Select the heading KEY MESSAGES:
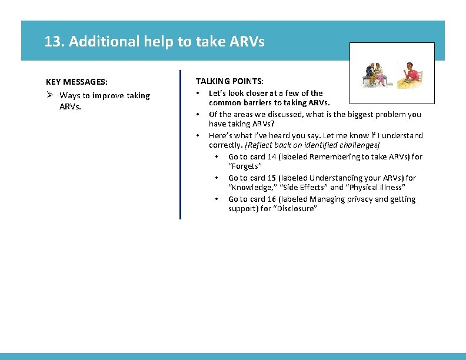(x=76, y=82)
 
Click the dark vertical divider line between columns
(x=180, y=145)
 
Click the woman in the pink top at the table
(x=412, y=74)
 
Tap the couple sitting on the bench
(x=374, y=74)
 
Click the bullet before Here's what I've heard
(x=198, y=135)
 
